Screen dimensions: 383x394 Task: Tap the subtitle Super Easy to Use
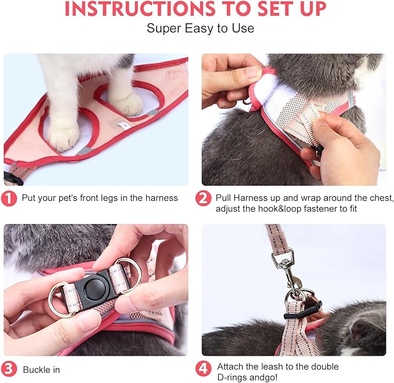(x=200, y=28)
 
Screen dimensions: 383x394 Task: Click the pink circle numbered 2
(x=203, y=198)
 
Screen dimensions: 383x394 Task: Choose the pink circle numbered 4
(x=203, y=369)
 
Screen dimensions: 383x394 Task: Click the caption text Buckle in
(x=41, y=369)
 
